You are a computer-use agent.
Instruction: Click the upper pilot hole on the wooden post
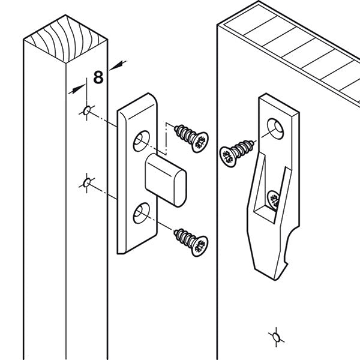[88, 110]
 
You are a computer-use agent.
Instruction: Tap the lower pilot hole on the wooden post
[88, 182]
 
